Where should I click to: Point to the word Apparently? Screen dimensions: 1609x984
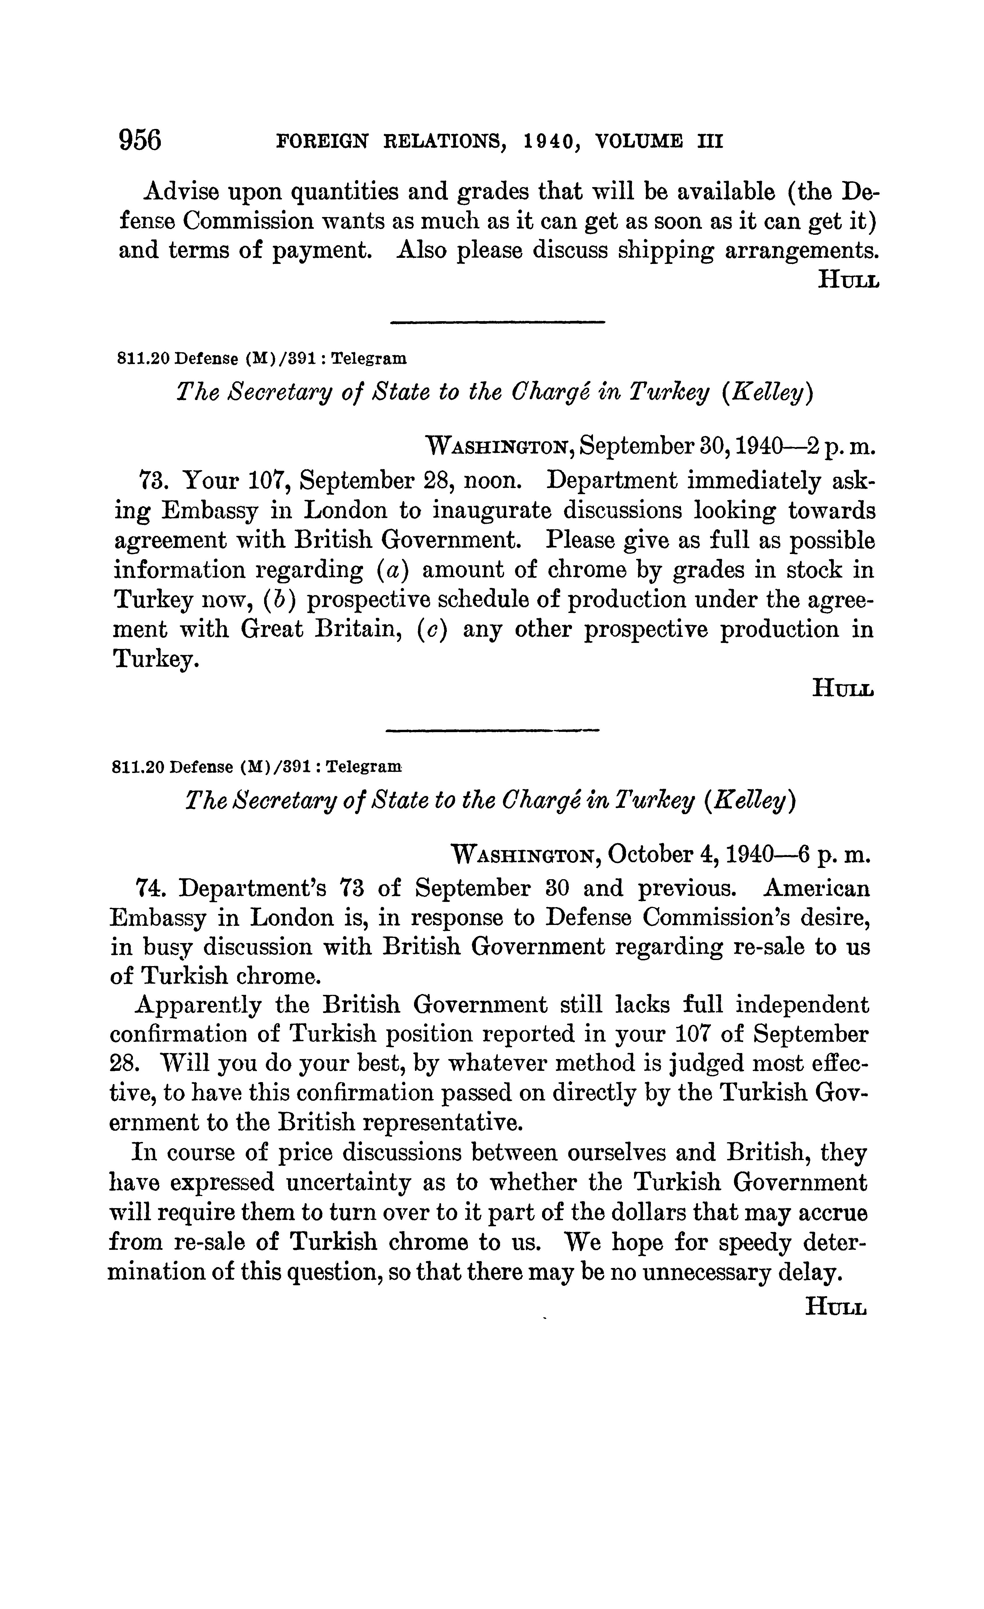(x=198, y=1004)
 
